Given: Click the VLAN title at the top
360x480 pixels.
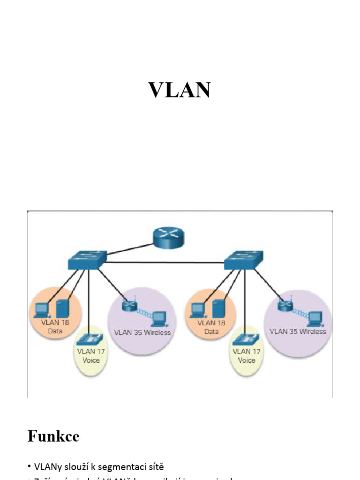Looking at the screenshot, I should click(x=180, y=90).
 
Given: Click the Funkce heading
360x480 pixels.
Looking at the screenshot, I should click(x=53, y=436).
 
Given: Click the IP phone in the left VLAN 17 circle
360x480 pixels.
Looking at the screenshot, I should click(x=89, y=339).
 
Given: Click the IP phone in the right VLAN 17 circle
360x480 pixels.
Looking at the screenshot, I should click(x=245, y=339).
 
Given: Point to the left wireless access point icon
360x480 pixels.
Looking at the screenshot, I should click(x=128, y=306).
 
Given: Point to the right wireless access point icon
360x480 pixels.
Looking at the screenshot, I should click(x=284, y=306).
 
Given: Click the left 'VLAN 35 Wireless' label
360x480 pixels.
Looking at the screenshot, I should click(x=142, y=332).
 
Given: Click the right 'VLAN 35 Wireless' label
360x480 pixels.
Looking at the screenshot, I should click(x=298, y=331).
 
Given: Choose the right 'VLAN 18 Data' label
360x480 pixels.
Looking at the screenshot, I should click(x=211, y=327).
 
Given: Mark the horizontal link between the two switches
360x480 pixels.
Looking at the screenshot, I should click(x=164, y=262).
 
